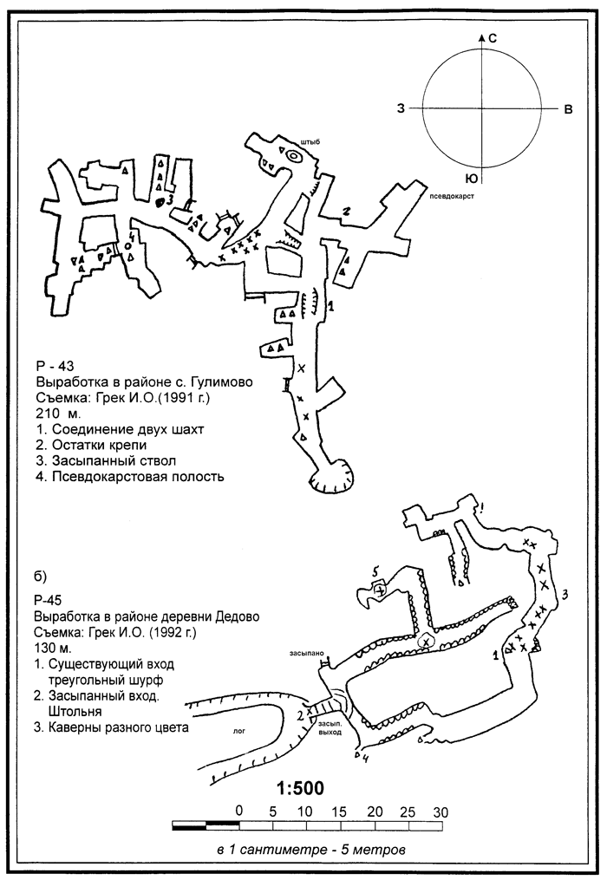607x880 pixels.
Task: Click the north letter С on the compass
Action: [492, 39]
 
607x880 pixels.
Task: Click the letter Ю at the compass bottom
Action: [472, 179]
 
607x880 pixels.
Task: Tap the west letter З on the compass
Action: [401, 108]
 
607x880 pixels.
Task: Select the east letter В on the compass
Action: [568, 109]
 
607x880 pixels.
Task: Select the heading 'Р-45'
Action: [47, 600]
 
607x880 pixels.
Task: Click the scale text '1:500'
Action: [300, 788]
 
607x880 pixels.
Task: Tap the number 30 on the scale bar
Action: [441, 812]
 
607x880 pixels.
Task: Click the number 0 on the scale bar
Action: [239, 812]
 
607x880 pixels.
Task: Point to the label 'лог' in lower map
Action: [239, 731]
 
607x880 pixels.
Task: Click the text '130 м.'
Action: [53, 648]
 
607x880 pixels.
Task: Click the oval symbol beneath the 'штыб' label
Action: [294, 156]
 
